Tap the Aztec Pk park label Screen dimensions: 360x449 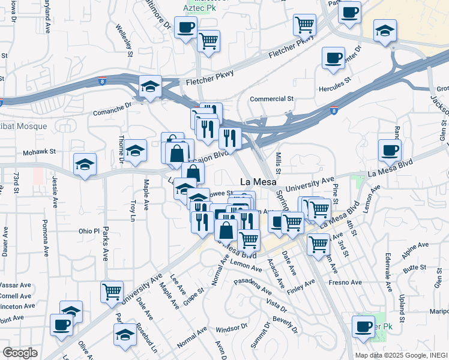[195, 10]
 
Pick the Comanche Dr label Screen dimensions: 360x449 [112, 108]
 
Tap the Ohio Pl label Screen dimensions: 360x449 [88, 231]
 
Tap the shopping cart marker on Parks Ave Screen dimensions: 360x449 [112, 292]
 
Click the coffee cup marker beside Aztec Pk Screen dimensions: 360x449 [185, 27]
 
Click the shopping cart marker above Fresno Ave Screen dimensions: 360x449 [318, 244]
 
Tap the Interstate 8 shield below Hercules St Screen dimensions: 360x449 [334, 110]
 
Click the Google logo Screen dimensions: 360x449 [20, 353]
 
